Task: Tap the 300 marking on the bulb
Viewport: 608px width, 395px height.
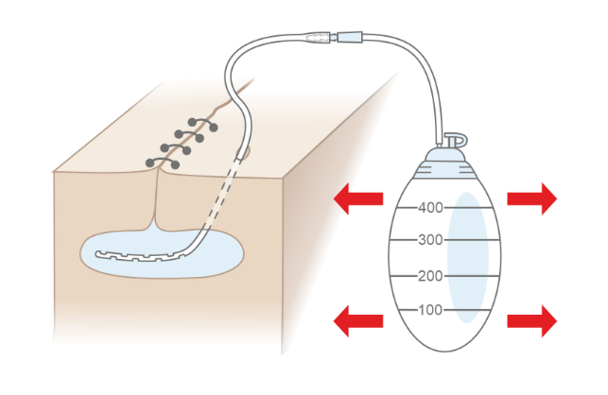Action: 430,240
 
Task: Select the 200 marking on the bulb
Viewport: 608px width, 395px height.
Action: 430,276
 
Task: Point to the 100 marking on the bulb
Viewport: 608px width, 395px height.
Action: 430,310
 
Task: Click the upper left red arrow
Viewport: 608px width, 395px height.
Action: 359,198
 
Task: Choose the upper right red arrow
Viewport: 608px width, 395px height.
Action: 531,198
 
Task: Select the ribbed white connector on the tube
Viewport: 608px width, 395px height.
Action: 320,40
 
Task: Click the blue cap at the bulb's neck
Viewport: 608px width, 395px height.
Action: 444,155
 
